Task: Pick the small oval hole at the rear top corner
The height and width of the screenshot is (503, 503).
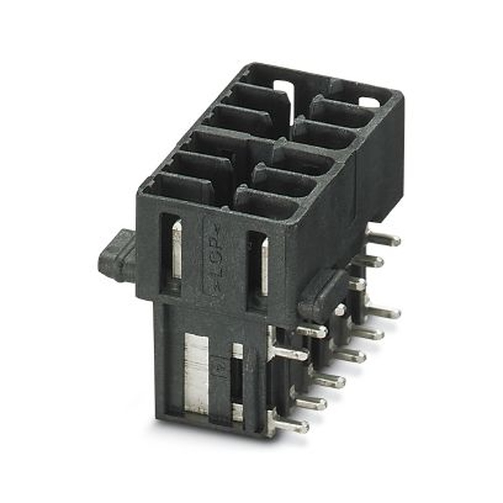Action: coord(369,102)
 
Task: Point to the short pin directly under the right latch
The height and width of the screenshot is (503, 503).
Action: coord(312,330)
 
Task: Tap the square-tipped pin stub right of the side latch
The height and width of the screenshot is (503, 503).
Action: coord(357,284)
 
